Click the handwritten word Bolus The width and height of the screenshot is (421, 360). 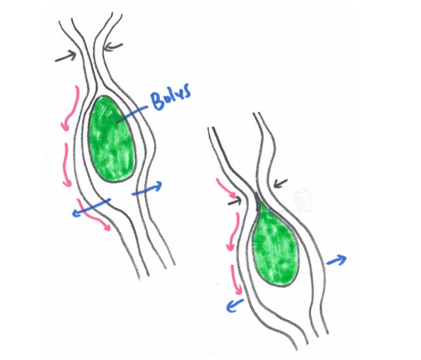point(171,96)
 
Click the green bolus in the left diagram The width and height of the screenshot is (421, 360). point(112,139)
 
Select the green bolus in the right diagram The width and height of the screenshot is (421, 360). point(274,243)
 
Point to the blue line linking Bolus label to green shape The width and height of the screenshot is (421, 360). point(132,114)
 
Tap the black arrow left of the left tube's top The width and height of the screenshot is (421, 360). point(65,56)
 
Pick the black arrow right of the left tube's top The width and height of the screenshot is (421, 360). point(113,47)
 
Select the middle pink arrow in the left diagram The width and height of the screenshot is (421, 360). point(66,165)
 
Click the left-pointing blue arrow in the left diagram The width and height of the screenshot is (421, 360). point(91,207)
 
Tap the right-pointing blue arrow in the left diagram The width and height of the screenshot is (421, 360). point(147,188)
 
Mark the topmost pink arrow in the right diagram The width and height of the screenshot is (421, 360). point(226,188)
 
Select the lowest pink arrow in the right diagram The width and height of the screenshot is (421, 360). point(235,280)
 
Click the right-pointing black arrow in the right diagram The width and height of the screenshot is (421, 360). point(235,202)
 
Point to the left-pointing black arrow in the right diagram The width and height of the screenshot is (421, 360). point(280,183)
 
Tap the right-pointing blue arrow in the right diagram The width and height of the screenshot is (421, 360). point(336,260)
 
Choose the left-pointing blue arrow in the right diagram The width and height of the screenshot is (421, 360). point(235,305)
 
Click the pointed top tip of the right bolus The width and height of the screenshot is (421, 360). point(256,192)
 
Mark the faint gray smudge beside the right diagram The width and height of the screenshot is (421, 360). point(302,200)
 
